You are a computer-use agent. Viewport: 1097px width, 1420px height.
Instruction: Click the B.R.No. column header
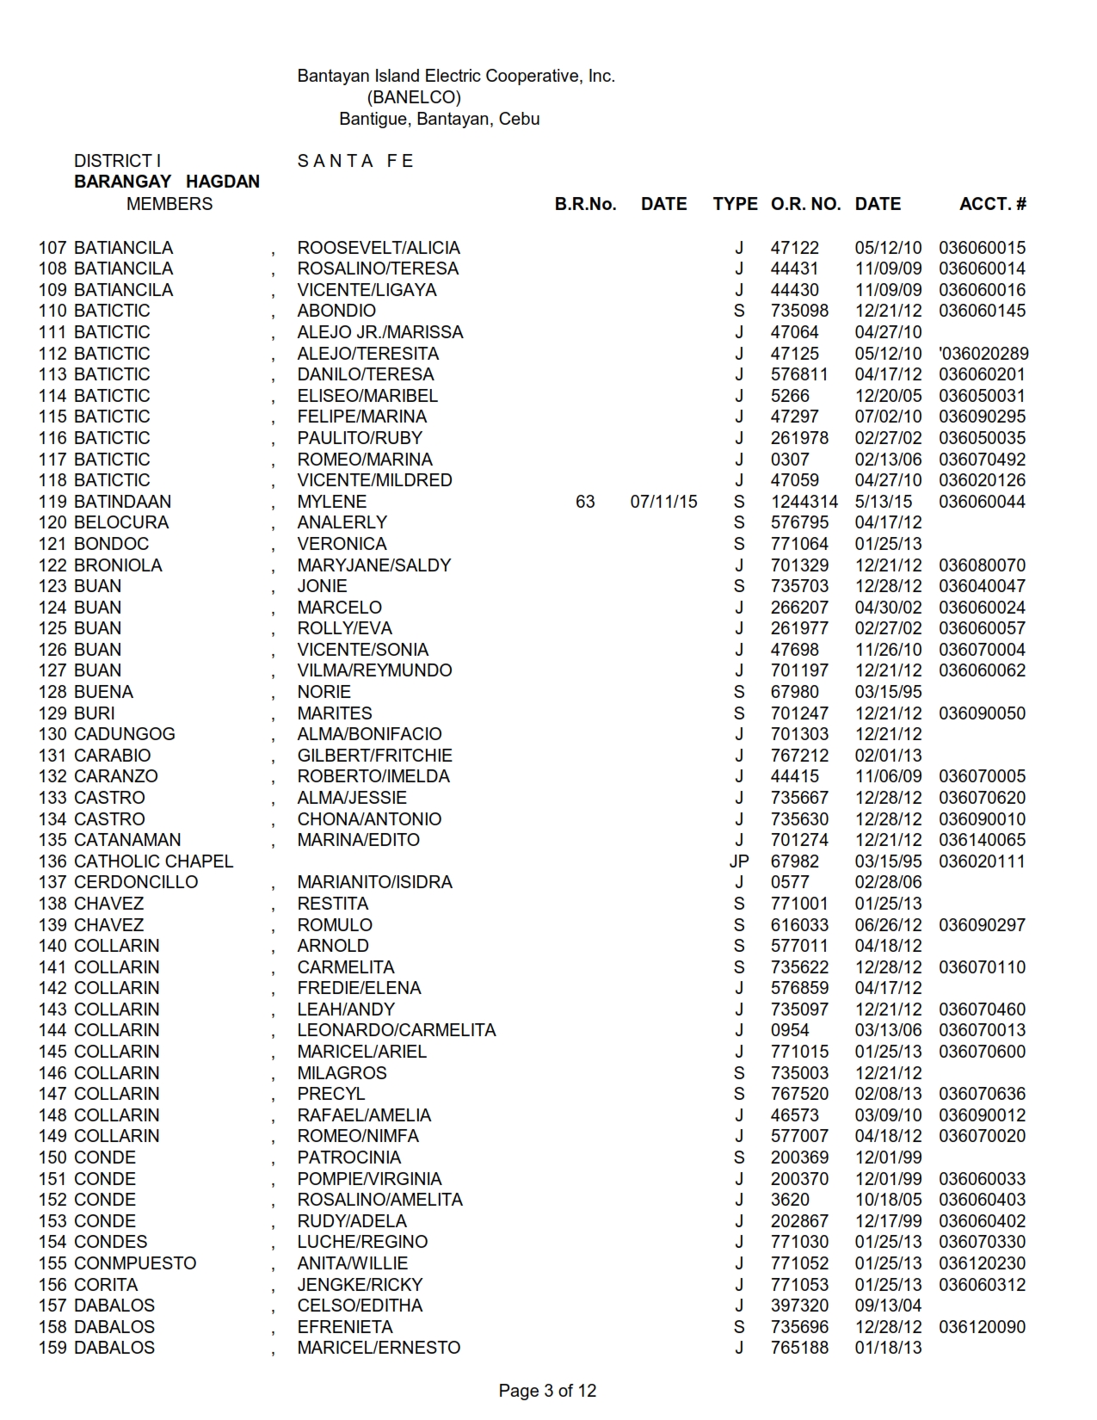pyautogui.click(x=585, y=204)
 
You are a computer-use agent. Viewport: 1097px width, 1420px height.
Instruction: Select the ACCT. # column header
pyautogui.click(x=992, y=204)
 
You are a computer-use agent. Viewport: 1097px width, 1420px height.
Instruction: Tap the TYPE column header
pyautogui.click(x=735, y=204)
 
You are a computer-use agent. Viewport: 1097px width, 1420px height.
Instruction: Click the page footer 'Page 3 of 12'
pyautogui.click(x=547, y=1391)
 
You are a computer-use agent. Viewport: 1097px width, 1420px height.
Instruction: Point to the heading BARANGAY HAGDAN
pyautogui.click(x=167, y=182)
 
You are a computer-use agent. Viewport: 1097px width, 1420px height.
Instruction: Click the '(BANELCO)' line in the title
pyautogui.click(x=414, y=97)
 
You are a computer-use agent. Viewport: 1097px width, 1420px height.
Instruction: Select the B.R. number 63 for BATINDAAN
pyautogui.click(x=585, y=502)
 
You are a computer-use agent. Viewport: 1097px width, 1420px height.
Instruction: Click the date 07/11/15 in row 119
pyautogui.click(x=663, y=502)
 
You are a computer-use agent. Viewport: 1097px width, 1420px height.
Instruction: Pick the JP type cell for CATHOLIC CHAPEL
pyautogui.click(x=739, y=861)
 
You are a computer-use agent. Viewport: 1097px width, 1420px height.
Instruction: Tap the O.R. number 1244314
pyautogui.click(x=804, y=502)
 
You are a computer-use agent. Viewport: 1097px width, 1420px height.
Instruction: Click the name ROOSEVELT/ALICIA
pyautogui.click(x=379, y=248)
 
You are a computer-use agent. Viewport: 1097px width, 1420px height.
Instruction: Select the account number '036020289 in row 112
pyautogui.click(x=983, y=354)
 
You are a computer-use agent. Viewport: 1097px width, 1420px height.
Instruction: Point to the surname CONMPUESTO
pyautogui.click(x=135, y=1263)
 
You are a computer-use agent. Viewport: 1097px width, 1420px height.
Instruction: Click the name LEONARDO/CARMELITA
pyautogui.click(x=397, y=1030)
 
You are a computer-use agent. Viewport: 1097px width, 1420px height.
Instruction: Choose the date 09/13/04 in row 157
pyautogui.click(x=888, y=1306)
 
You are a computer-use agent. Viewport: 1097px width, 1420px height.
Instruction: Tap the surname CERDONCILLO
pyautogui.click(x=136, y=882)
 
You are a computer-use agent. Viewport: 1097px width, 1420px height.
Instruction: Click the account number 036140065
pyautogui.click(x=982, y=840)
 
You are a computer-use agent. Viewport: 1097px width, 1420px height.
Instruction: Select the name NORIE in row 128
pyautogui.click(x=324, y=692)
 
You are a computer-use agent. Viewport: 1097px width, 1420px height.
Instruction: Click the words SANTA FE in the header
pyautogui.click(x=355, y=161)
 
